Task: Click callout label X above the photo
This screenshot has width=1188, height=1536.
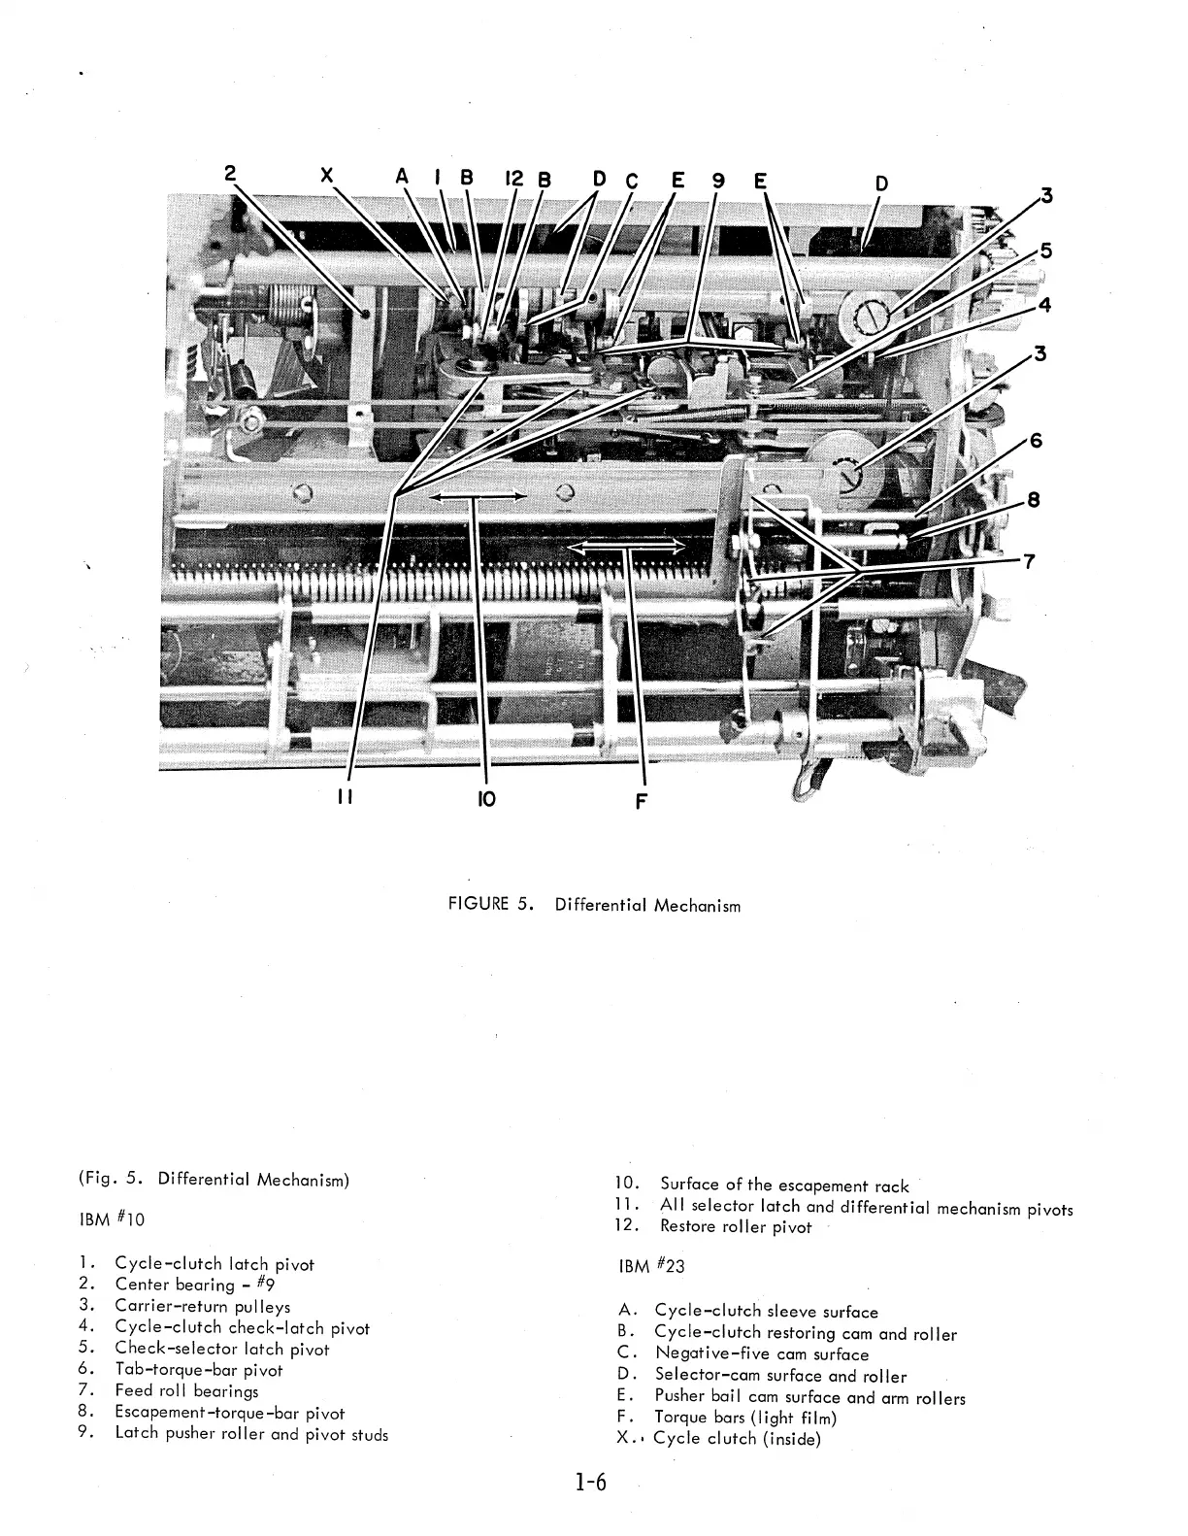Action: tap(327, 176)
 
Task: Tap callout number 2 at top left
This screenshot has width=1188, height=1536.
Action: tap(230, 174)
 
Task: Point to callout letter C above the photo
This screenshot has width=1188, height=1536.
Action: tap(632, 180)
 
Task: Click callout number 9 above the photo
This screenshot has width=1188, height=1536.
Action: tap(717, 180)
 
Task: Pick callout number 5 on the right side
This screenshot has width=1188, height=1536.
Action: tap(1044, 250)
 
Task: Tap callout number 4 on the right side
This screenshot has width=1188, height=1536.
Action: tap(1044, 304)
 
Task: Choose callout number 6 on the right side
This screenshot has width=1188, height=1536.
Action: tap(1036, 440)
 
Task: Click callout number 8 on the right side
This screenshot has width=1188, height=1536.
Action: tap(1034, 500)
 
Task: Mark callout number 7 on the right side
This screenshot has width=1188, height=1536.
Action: tap(1029, 560)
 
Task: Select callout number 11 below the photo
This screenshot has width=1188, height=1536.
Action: tap(344, 797)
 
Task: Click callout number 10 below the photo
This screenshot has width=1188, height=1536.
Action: tap(486, 799)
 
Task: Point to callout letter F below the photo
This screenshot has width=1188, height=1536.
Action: tap(640, 801)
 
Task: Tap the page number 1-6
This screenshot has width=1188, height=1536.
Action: tap(589, 1483)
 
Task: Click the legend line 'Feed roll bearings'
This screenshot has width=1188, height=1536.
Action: tap(186, 1390)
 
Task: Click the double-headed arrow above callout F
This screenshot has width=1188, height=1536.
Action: tap(626, 549)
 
